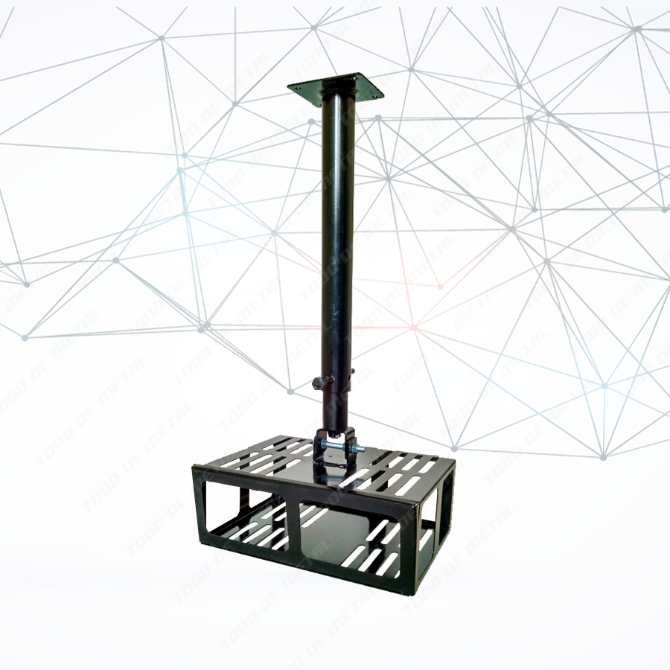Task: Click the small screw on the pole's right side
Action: point(354,370)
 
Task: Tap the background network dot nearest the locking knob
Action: point(290,391)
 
